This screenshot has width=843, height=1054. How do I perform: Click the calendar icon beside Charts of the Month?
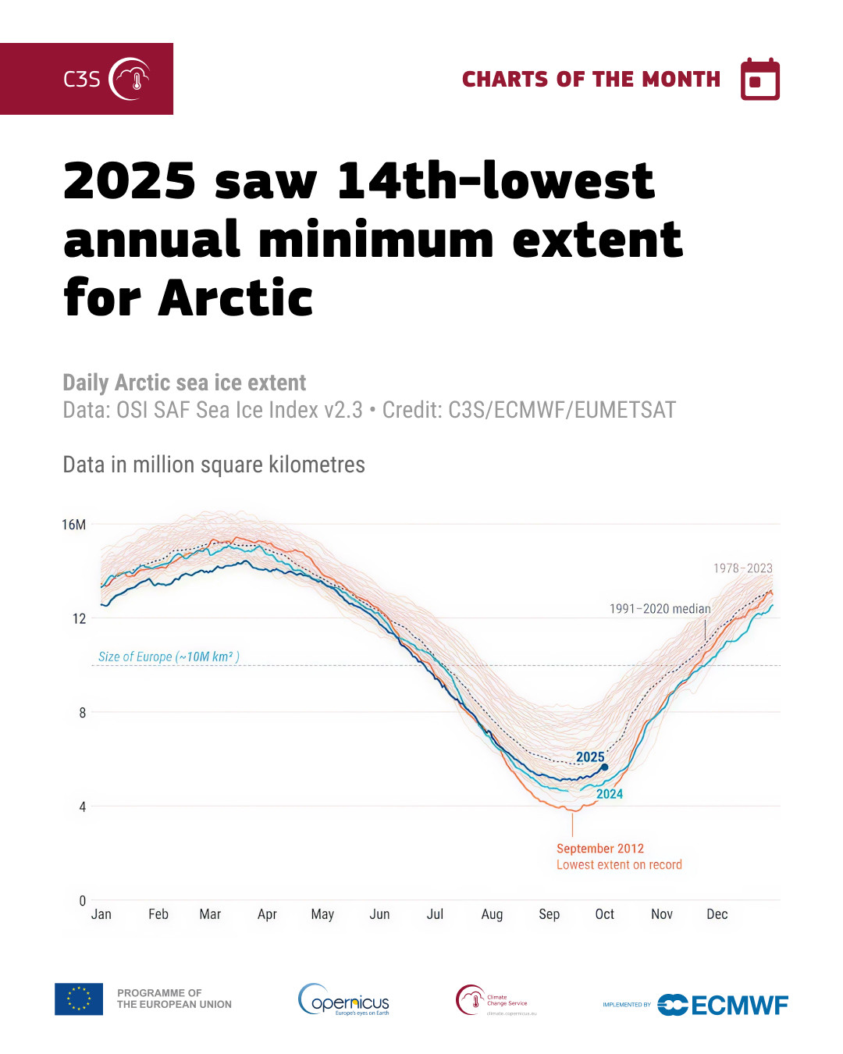point(759,80)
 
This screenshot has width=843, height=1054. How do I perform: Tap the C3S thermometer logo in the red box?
point(130,79)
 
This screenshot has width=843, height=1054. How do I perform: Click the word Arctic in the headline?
point(235,298)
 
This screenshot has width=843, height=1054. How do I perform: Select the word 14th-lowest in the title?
point(496,181)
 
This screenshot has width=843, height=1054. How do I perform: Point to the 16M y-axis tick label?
point(74,525)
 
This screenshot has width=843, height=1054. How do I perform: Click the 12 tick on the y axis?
point(79,618)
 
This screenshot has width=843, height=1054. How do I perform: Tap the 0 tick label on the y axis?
point(82,900)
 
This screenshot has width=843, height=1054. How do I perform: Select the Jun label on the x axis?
point(379,914)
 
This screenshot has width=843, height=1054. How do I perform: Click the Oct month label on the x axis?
point(604,914)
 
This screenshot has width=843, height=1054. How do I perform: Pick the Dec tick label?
point(717,914)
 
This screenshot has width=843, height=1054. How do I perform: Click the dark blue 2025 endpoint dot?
point(604,767)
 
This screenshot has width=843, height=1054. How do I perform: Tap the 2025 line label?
point(590,757)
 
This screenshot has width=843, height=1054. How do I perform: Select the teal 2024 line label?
point(610,794)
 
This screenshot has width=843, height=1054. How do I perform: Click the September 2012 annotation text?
point(600,849)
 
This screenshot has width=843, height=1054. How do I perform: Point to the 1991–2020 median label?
point(660,609)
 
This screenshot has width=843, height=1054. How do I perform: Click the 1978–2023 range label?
point(742,568)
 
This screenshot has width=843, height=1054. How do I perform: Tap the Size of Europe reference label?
point(169,657)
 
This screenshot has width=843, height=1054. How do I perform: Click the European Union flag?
point(79,999)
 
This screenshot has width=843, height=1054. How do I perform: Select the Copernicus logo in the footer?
point(344,999)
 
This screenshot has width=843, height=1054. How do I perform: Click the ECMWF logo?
point(722,1005)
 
